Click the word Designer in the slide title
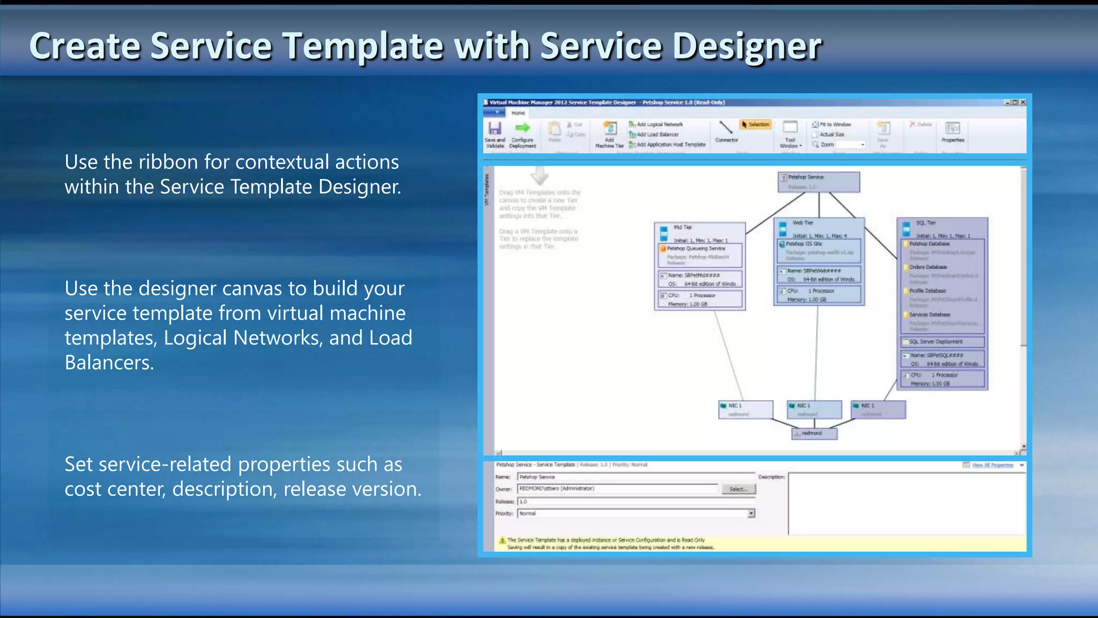coord(746,46)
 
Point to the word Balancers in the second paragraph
coord(109,363)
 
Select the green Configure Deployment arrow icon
coord(522,128)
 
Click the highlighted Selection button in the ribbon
coord(755,124)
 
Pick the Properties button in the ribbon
coord(952,132)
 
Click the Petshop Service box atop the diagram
coord(818,182)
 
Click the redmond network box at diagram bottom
coord(814,433)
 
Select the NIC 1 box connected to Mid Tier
coord(745,409)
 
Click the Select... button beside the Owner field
coord(738,489)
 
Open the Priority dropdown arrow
coord(751,514)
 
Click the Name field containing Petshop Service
coord(635,477)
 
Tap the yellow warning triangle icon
coord(502,541)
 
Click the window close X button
coord(1023,102)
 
